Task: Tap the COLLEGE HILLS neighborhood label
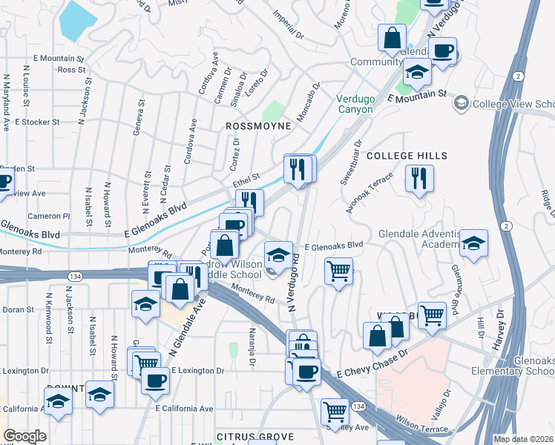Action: coord(407,156)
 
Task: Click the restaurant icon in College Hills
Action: coord(419,178)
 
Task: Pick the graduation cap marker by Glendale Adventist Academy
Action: coord(473,243)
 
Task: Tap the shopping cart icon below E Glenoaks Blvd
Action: coord(339,271)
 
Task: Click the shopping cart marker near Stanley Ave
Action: coord(335,410)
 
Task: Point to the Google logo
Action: coord(24,436)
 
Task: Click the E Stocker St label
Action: coord(36,122)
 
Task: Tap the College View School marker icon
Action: coord(462,102)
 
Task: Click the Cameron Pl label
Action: coord(49,216)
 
